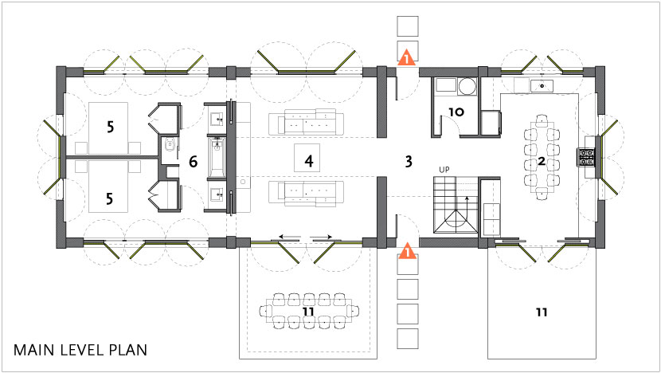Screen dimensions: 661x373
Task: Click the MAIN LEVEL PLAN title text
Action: (80, 350)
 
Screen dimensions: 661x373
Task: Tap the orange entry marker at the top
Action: (406, 58)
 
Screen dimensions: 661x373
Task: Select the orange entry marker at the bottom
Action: (407, 252)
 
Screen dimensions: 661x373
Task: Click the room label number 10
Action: (456, 112)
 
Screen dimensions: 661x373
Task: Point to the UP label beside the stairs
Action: (444, 170)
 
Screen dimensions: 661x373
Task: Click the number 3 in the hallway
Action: (408, 161)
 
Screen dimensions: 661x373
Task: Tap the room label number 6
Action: (193, 161)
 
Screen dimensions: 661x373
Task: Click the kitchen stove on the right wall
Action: (586, 157)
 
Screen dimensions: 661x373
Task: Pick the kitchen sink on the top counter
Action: (542, 85)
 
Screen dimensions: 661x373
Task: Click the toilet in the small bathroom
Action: (170, 146)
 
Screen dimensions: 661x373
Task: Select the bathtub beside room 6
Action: (217, 159)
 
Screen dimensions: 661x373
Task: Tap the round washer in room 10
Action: (467, 87)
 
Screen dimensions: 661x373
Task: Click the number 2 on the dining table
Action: (542, 161)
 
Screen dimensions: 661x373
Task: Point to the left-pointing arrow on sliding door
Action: (290, 237)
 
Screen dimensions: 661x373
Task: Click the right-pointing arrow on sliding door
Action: (322, 237)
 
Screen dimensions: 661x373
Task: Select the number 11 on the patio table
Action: (308, 312)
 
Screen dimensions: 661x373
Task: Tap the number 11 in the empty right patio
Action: (542, 312)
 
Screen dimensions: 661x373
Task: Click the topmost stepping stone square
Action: (408, 26)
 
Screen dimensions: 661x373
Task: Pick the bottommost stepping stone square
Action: (408, 340)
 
